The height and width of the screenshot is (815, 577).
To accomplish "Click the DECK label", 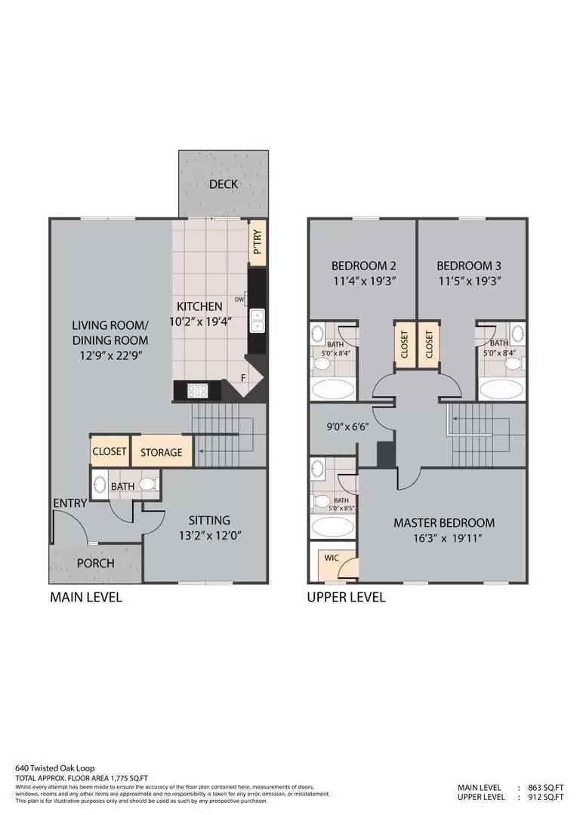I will click(x=224, y=184).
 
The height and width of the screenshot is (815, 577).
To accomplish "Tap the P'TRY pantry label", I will click(x=257, y=241).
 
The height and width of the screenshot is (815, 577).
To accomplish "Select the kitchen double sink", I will click(x=258, y=321).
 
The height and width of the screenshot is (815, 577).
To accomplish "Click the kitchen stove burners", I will click(x=199, y=390).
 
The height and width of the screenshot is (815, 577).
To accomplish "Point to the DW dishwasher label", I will click(x=239, y=299).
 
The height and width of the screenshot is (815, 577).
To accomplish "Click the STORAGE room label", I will click(x=162, y=452).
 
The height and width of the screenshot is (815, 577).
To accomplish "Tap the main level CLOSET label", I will click(x=110, y=451).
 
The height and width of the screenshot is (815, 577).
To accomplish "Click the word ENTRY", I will click(x=69, y=503).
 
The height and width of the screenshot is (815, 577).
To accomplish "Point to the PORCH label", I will click(x=96, y=563).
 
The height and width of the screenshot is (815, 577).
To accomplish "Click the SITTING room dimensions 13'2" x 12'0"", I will click(x=209, y=537).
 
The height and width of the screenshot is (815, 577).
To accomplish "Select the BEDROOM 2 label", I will click(x=364, y=266).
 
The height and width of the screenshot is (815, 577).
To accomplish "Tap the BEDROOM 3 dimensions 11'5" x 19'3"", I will click(x=469, y=281).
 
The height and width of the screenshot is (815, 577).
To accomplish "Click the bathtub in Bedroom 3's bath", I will click(x=500, y=390).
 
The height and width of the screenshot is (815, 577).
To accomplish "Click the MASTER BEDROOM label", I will click(x=444, y=522).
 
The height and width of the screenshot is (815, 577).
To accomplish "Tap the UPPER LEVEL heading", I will click(x=346, y=597).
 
